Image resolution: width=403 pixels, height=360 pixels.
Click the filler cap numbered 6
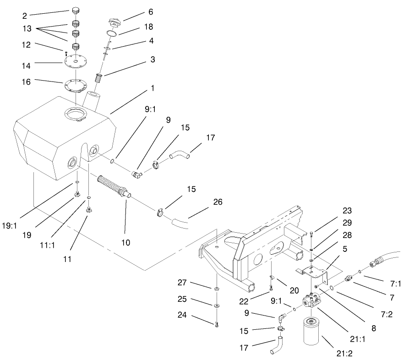(x=114, y=22)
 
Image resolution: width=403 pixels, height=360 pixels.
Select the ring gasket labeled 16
(x=75, y=86)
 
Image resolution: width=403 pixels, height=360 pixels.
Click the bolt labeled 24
(x=217, y=325)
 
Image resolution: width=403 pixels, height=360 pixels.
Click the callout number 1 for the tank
(x=152, y=87)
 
